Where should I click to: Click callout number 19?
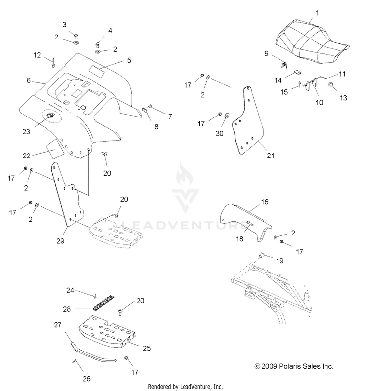coord(279,260)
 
